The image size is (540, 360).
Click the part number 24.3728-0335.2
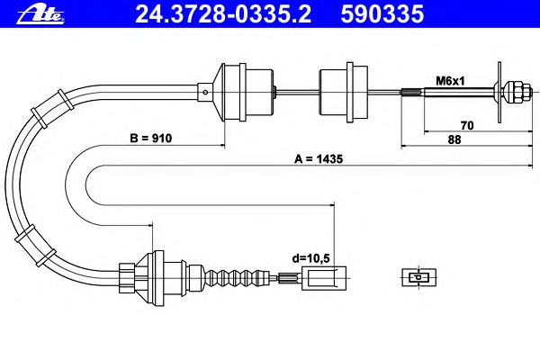coord(202,13)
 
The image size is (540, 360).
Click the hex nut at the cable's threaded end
coord(515,91)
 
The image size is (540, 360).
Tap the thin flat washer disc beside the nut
coord(497,90)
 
